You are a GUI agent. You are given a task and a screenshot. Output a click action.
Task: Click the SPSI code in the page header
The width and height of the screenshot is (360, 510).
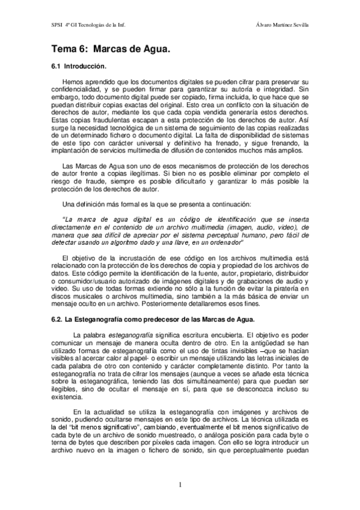pyautogui.click(x=57, y=25)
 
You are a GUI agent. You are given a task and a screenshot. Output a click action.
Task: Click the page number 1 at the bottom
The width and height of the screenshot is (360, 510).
pyautogui.click(x=180, y=485)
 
